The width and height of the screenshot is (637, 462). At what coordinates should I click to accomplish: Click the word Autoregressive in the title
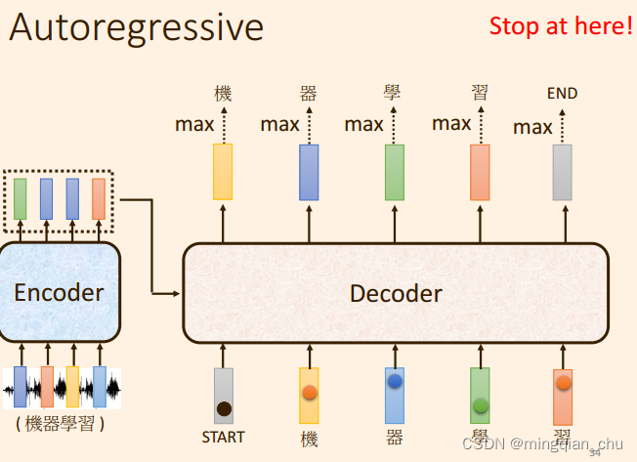click(x=137, y=27)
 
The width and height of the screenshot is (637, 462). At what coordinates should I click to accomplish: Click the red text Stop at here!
click(x=561, y=25)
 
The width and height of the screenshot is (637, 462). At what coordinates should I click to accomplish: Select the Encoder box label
click(x=59, y=292)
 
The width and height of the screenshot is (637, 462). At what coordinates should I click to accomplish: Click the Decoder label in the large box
click(x=396, y=293)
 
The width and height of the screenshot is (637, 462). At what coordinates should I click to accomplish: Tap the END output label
click(x=562, y=94)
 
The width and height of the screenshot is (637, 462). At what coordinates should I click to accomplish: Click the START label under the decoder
click(x=223, y=437)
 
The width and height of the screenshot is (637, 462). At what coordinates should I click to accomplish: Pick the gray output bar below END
click(x=562, y=172)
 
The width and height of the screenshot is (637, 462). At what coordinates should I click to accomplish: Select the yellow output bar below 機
click(x=223, y=172)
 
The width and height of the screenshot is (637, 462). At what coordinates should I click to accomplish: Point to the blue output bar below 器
click(x=309, y=172)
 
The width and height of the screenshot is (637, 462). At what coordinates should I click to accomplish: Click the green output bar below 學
click(x=394, y=172)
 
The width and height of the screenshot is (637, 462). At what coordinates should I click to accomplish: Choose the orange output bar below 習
click(x=479, y=172)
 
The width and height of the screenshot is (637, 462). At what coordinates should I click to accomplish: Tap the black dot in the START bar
click(x=224, y=408)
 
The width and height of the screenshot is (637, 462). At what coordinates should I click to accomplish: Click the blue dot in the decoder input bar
click(x=395, y=382)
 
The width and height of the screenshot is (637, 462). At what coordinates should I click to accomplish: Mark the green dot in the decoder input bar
click(x=480, y=404)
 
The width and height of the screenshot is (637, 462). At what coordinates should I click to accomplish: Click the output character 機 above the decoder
click(x=223, y=94)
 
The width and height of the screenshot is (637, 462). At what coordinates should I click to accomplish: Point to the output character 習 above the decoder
click(x=479, y=93)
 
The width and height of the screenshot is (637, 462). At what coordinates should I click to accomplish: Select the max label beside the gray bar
click(x=532, y=127)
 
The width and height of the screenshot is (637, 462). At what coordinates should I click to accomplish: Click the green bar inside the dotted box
click(x=21, y=198)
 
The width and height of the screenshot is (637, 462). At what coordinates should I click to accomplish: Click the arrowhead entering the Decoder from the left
click(x=179, y=293)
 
